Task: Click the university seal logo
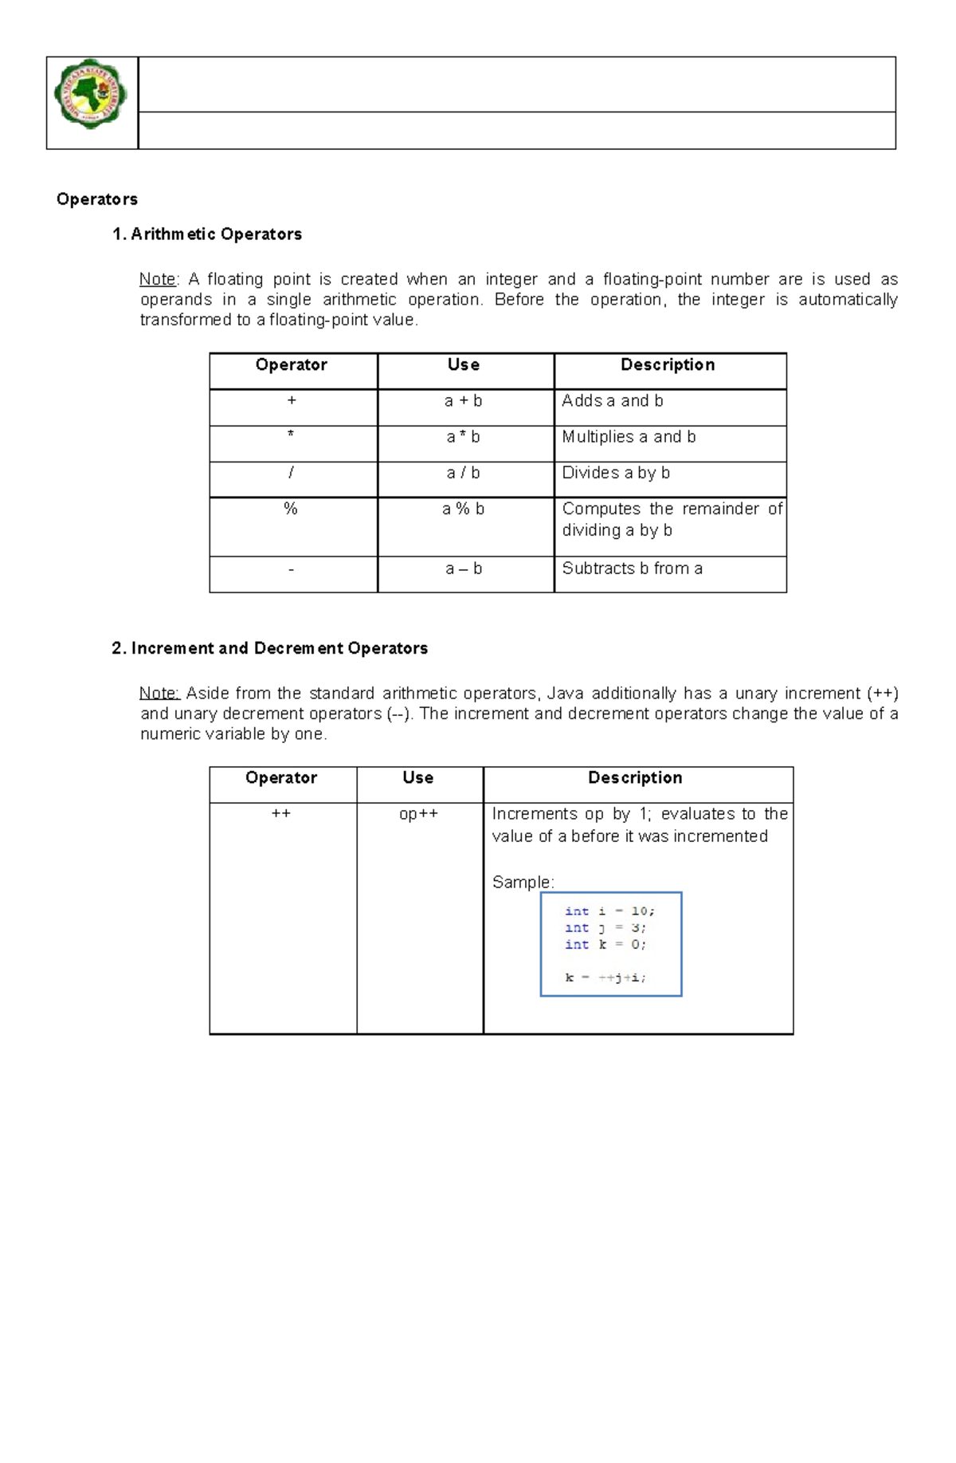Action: click(91, 95)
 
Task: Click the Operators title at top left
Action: click(97, 199)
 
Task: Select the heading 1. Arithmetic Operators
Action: click(207, 234)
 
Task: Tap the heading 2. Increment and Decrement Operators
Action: click(270, 648)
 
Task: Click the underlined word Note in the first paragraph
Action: click(158, 279)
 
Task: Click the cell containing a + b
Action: click(464, 401)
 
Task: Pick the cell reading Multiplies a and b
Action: click(629, 437)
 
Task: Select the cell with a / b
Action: click(464, 473)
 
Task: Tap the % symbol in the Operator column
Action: click(291, 509)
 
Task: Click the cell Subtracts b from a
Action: click(632, 568)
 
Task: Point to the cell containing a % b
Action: click(464, 509)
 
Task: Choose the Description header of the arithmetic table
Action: click(668, 364)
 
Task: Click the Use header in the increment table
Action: click(418, 777)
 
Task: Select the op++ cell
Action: click(418, 814)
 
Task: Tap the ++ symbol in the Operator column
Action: click(281, 814)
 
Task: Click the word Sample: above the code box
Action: click(523, 882)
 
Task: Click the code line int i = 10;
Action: click(609, 911)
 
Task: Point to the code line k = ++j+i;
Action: click(605, 977)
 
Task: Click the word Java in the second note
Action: click(565, 693)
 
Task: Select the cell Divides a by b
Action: click(616, 473)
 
